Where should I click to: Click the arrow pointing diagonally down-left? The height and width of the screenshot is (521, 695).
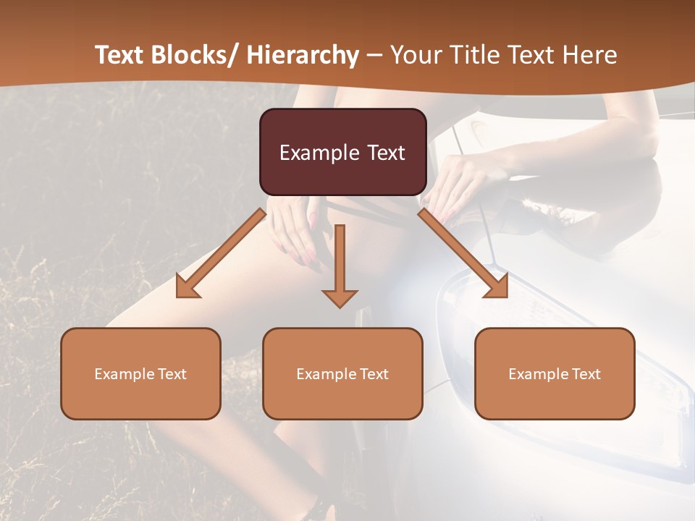221,254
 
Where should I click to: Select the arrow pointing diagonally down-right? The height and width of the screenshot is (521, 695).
463,254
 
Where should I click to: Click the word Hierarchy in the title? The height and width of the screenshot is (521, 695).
303,55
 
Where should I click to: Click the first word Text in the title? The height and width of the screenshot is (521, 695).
122,55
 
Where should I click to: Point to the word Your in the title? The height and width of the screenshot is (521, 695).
415,55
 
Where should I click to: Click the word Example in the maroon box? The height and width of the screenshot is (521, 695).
319,153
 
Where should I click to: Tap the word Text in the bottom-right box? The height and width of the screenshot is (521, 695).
585,374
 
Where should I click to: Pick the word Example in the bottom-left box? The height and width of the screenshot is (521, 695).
124,374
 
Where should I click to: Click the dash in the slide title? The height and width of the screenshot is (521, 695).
374,55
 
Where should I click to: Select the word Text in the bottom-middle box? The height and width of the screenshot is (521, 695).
373,374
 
